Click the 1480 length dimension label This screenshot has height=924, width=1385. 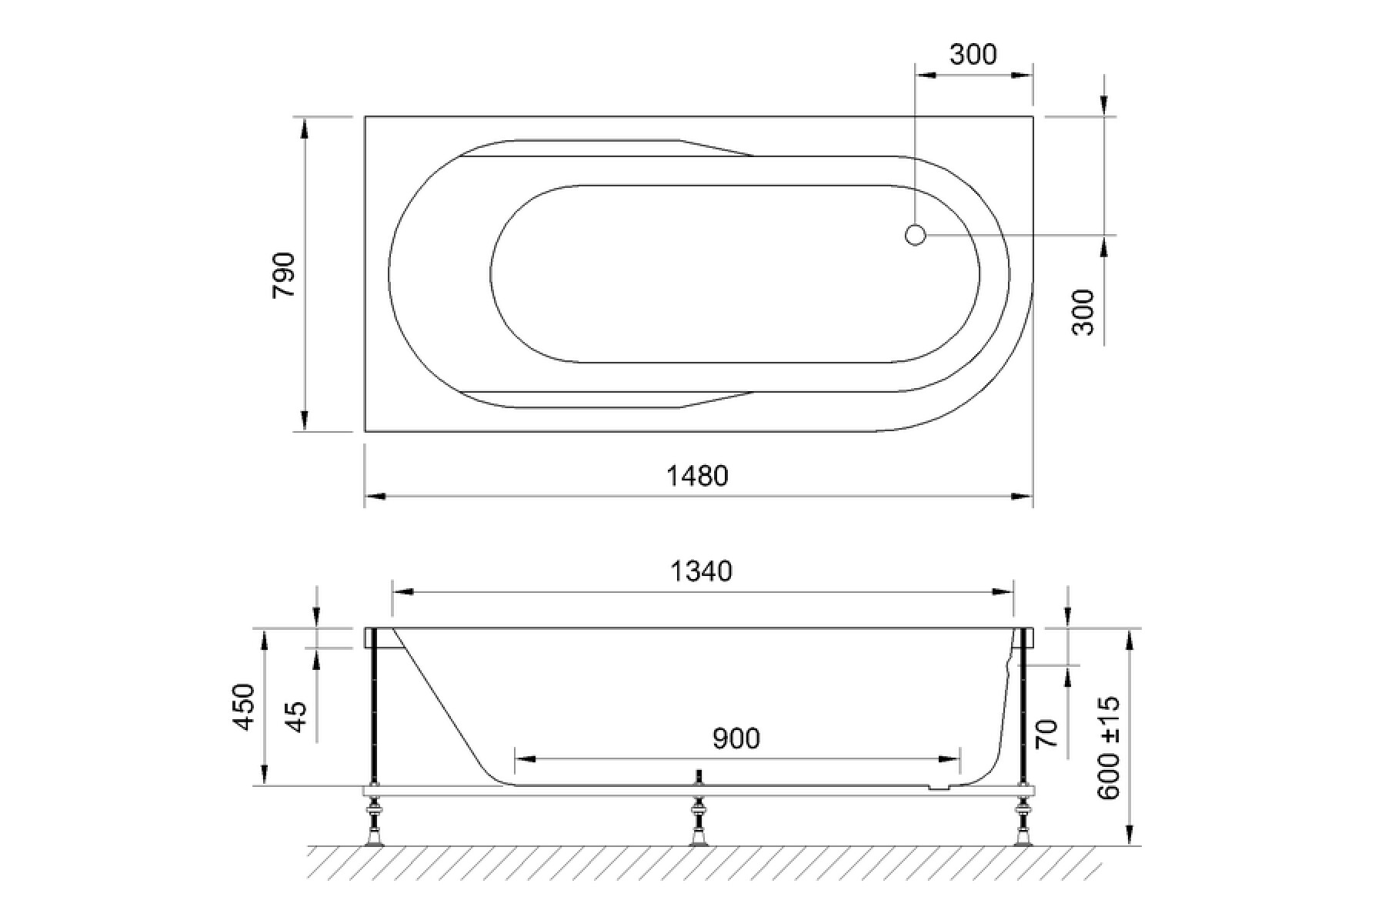[697, 476]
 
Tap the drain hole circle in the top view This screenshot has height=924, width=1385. [915, 235]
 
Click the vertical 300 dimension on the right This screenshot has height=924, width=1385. [1083, 312]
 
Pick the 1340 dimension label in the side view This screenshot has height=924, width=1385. [701, 571]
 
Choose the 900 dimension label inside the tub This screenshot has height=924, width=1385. [736, 738]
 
